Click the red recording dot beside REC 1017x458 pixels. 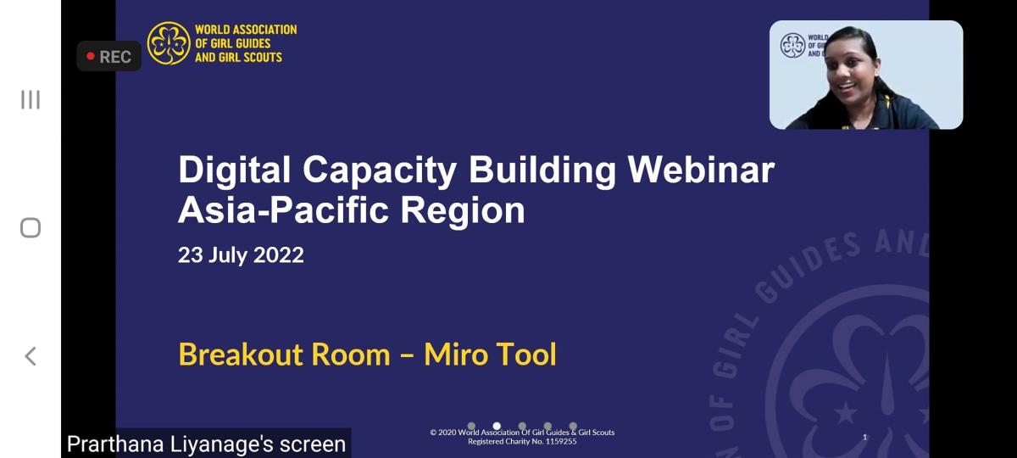[x=91, y=56]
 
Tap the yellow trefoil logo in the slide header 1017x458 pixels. [x=169, y=43]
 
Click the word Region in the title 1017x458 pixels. [x=462, y=211]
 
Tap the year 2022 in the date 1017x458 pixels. [x=278, y=255]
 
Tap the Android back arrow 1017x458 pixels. [x=30, y=356]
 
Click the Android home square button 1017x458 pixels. [x=31, y=227]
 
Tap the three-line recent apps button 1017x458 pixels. [x=31, y=99]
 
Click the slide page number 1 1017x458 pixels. [x=864, y=437]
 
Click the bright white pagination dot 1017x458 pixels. [x=497, y=426]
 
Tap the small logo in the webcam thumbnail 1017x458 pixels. [x=792, y=46]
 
